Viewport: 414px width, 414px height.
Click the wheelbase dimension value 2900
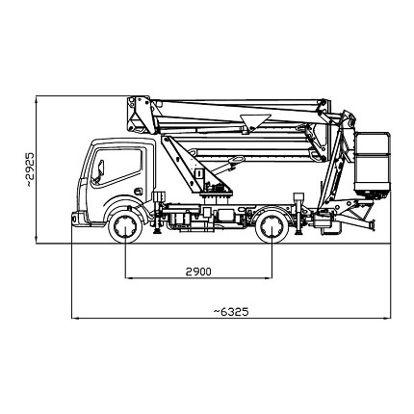tap(198, 272)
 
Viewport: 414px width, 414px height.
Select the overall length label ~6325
tap(231, 312)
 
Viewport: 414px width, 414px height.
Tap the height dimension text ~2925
tap(30, 169)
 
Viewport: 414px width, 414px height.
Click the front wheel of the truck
tap(125, 226)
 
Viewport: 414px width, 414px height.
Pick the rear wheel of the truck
tap(272, 226)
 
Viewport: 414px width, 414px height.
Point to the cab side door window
tap(116, 167)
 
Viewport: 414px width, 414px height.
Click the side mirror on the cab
tap(100, 170)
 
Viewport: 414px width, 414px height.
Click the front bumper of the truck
tap(76, 219)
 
